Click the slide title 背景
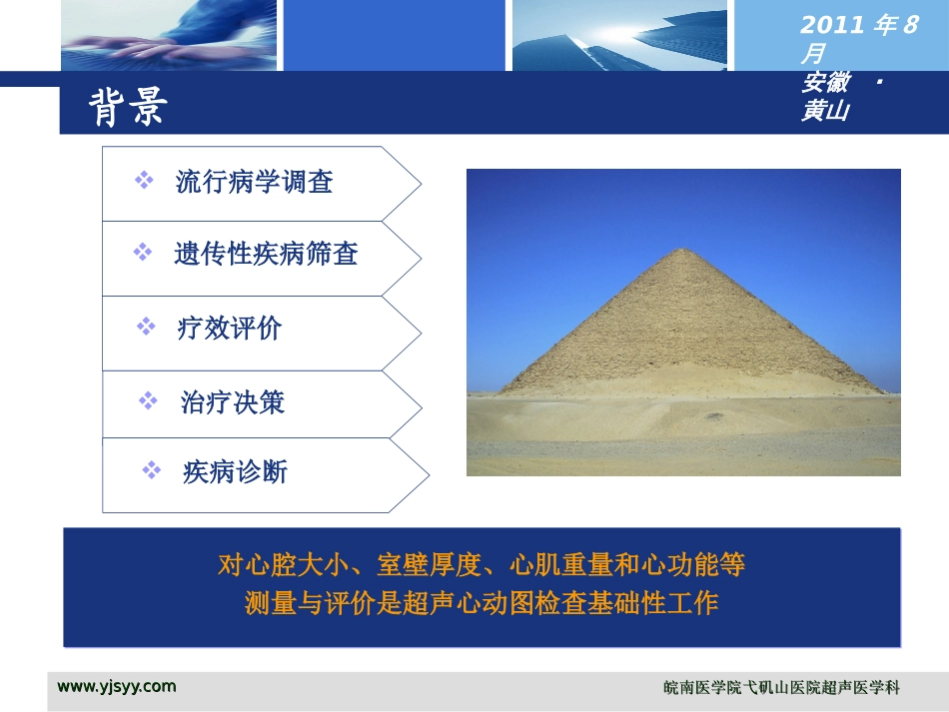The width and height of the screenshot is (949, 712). pos(128,108)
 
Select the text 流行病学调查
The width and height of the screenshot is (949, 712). pos(254,182)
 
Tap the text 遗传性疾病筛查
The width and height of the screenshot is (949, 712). pos(266,255)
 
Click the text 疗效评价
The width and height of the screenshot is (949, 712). pos(230,329)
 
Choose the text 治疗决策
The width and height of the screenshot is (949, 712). pos(233,402)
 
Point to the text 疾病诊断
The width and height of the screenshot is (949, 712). pos(235,471)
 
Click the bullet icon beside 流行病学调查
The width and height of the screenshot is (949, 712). pos(144,181)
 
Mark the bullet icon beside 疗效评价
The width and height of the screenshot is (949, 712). pos(146,327)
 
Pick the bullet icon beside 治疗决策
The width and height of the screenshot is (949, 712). pos(148,401)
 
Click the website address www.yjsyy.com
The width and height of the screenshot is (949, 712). pos(117,686)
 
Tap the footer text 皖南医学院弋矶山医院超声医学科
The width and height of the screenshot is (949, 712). pos(781,688)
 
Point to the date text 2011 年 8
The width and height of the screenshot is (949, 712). pos(858,26)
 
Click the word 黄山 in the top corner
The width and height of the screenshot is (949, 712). pos(824,112)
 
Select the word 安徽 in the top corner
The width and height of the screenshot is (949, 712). pos(824,83)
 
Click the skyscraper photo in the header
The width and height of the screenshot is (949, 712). pos(619,35)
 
